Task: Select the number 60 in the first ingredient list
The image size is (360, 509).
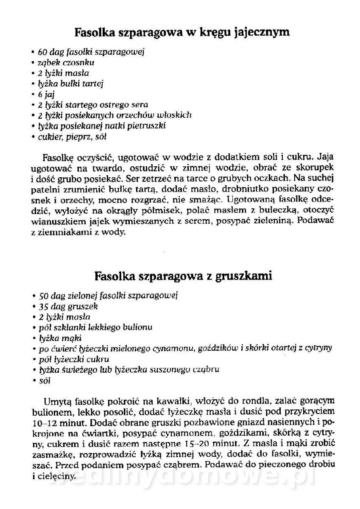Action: (x=42, y=52)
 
